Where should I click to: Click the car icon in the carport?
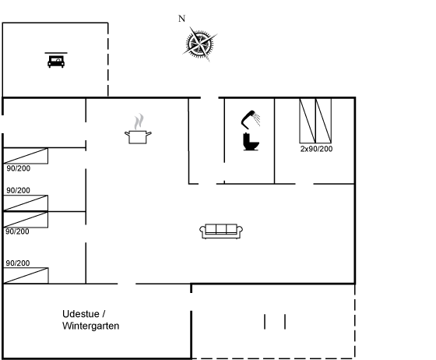click(x=56, y=62)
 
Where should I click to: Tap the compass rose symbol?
click(x=200, y=44)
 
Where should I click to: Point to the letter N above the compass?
click(x=181, y=19)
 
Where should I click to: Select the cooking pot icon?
click(x=138, y=137)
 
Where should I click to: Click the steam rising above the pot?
click(x=139, y=122)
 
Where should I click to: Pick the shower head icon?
click(x=250, y=120)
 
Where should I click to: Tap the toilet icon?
click(x=251, y=142)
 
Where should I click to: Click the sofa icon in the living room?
click(x=221, y=231)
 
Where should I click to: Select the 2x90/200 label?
click(x=316, y=149)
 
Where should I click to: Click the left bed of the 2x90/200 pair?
click(x=308, y=121)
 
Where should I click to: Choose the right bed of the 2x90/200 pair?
click(x=323, y=121)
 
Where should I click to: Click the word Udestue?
click(x=81, y=314)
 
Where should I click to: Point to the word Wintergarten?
click(x=90, y=326)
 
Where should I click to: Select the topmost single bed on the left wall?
click(x=26, y=156)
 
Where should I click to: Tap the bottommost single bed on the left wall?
click(x=26, y=276)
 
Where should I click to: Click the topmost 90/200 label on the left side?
click(x=19, y=168)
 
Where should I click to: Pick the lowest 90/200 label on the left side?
click(x=18, y=263)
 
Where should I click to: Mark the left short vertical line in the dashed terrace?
click(x=265, y=322)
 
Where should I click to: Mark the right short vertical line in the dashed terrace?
click(x=285, y=322)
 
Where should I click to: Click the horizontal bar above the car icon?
click(x=56, y=52)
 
